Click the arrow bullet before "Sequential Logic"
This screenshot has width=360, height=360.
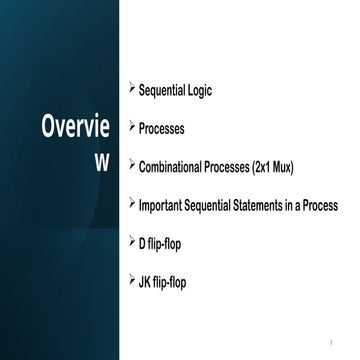[132, 88]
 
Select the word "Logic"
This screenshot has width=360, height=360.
[196, 91]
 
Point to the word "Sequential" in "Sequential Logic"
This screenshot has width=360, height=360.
[160, 91]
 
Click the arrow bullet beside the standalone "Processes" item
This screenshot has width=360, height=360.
[132, 127]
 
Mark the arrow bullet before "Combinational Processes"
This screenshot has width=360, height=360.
[132, 165]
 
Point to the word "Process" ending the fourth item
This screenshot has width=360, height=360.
[319, 205]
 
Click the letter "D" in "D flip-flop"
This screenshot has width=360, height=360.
[144, 243]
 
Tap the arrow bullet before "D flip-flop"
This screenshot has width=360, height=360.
[132, 241]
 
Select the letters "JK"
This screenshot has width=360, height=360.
[147, 282]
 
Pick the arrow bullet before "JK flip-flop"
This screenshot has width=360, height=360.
[132, 279]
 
